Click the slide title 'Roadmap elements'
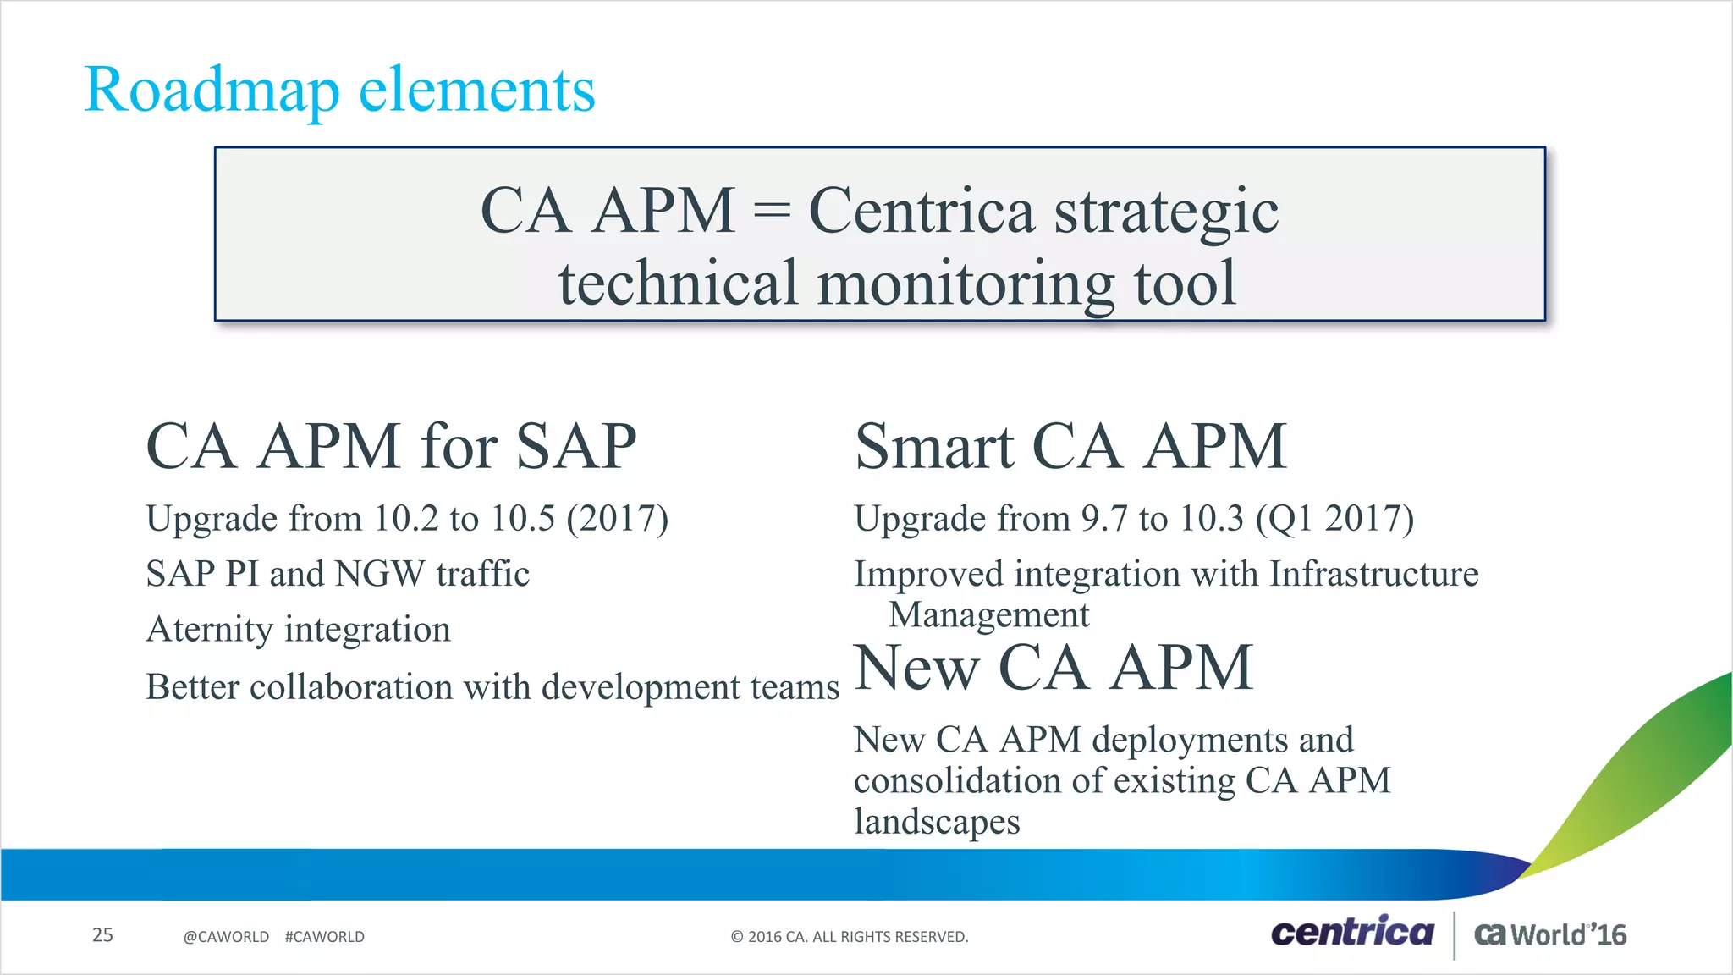tap(340, 90)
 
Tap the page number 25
tap(102, 935)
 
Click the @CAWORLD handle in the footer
tap(226, 937)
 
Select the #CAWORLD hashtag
tap(325, 937)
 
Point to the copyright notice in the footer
tap(849, 937)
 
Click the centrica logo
tap(1352, 933)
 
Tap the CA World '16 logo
tap(1550, 934)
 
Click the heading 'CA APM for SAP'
tap(391, 447)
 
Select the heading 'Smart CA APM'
tap(1070, 447)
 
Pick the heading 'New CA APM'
tap(1054, 669)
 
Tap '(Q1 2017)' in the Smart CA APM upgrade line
tap(1334, 519)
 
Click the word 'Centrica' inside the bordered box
tap(922, 211)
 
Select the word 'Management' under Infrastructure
tap(988, 615)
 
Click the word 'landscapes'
tap(937, 822)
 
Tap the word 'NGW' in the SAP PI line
tap(380, 575)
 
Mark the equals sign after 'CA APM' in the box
tap(771, 212)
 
